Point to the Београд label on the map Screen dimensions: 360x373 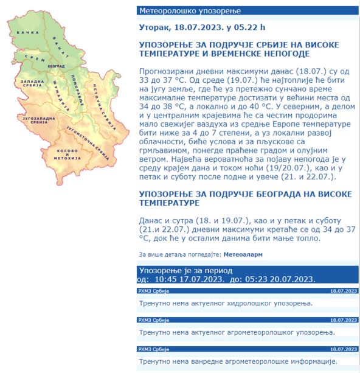[x=56, y=65]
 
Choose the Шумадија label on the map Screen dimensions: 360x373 [x=59, y=91]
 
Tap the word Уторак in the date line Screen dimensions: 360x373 [x=155, y=27]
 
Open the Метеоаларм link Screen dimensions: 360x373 [x=243, y=254]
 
